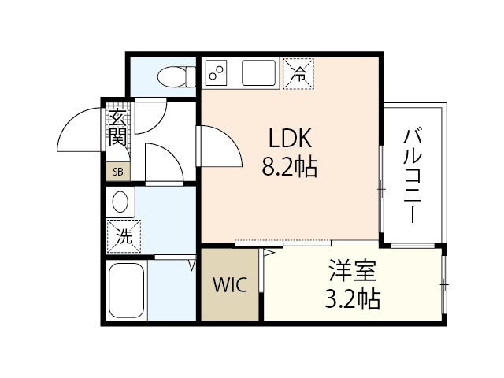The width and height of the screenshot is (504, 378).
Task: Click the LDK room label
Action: pyautogui.click(x=291, y=139)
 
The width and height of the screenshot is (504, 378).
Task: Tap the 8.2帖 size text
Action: pyautogui.click(x=290, y=167)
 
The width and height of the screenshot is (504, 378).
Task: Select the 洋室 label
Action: pyautogui.click(x=353, y=272)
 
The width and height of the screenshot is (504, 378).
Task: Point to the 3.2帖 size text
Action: pyautogui.click(x=353, y=299)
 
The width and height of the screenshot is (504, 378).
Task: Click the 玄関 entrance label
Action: pyautogui.click(x=117, y=127)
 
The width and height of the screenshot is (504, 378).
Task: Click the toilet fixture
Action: pyautogui.click(x=171, y=76)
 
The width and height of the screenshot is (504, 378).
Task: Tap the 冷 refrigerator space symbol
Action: pyautogui.click(x=298, y=75)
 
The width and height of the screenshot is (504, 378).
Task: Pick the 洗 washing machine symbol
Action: pyautogui.click(x=124, y=235)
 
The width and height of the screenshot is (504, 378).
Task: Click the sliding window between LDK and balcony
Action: pyautogui.click(x=382, y=189)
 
